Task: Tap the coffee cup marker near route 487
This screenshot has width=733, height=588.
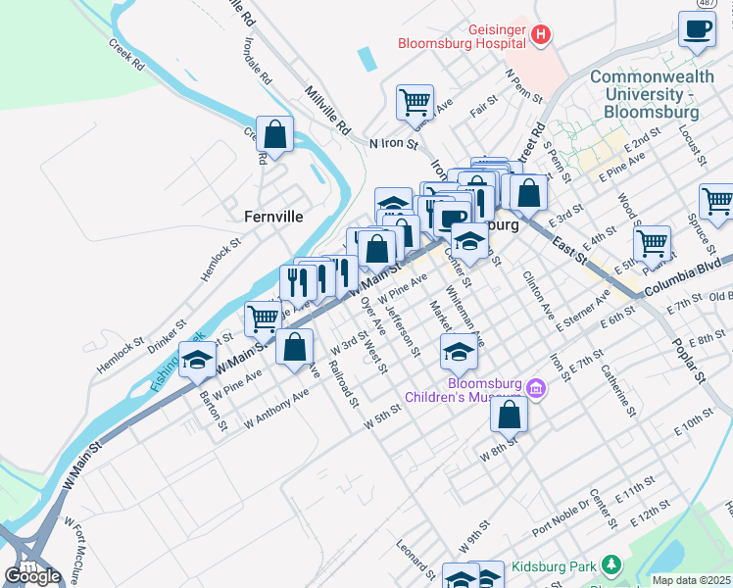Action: coord(697,29)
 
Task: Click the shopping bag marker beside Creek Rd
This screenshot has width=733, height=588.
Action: coord(275,135)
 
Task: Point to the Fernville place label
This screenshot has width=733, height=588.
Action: coord(272,217)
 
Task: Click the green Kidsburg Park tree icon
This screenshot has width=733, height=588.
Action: coord(611,565)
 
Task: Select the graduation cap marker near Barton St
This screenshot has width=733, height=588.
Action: coord(197,361)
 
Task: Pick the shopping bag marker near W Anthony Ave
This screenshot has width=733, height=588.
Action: coord(294,348)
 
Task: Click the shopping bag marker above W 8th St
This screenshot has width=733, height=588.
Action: coord(510,415)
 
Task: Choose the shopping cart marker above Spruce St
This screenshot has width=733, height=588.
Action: coord(716,202)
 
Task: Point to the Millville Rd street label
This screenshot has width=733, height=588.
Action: coord(328,109)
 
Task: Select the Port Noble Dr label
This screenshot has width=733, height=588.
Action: coord(561,518)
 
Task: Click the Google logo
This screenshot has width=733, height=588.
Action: coord(32,576)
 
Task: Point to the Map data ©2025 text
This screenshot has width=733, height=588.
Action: coord(691,580)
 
